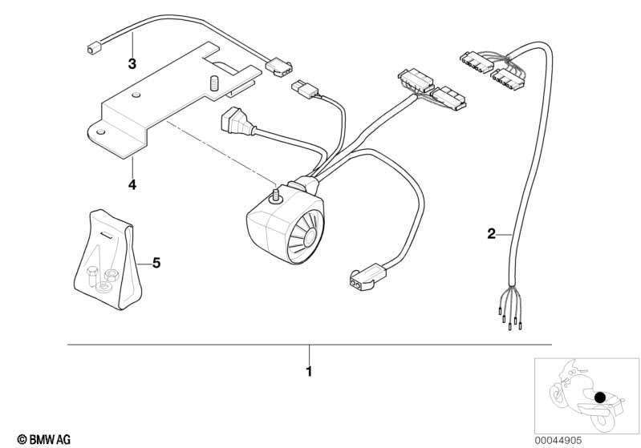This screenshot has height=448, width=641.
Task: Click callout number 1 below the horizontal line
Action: pyautogui.click(x=309, y=371)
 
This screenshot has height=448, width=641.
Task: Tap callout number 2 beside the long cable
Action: pyautogui.click(x=491, y=234)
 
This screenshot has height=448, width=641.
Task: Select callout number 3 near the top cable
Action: pyautogui.click(x=132, y=63)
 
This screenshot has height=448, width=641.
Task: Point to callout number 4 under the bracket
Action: pyautogui.click(x=132, y=185)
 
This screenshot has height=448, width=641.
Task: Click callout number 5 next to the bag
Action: pyautogui.click(x=156, y=263)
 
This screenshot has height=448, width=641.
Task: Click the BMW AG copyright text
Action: pyautogui.click(x=44, y=439)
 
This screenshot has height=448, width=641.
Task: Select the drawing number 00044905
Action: pyautogui.click(x=558, y=440)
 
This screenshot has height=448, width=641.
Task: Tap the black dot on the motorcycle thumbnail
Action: pyautogui.click(x=600, y=398)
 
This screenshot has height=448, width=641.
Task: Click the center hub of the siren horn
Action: pyautogui.click(x=310, y=238)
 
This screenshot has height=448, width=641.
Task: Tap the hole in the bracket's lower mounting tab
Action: pyautogui.click(x=99, y=132)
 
